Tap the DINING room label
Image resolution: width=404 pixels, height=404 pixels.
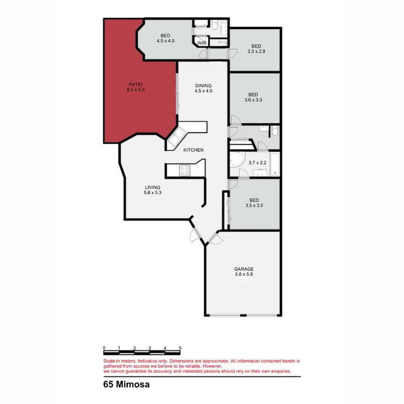204,85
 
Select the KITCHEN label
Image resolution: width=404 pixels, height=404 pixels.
193,150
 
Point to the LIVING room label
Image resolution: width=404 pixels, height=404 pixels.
152,187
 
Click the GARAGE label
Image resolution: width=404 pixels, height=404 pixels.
243,269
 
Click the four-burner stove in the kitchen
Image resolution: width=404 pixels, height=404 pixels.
185,170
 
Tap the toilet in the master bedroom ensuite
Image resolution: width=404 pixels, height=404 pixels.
214,25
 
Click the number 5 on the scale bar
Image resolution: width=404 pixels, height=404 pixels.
180,348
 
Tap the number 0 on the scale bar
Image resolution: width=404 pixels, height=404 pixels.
104,348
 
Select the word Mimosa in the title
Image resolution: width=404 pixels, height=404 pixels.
135,385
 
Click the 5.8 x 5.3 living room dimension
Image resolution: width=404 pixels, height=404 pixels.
152,192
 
